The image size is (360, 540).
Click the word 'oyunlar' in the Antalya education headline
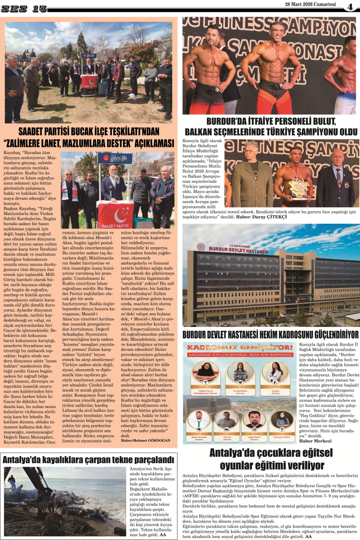pos(239,465)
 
